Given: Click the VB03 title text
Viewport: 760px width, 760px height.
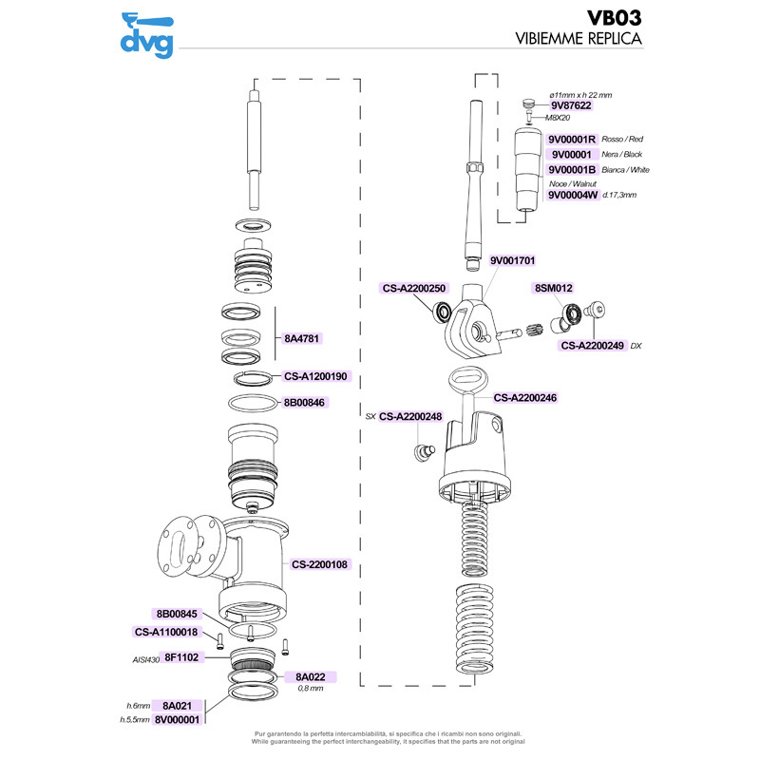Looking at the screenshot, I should coord(614,18).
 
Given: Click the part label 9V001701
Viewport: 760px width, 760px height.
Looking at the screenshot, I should coord(514,260).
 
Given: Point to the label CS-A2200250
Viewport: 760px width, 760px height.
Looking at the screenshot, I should coord(413,287).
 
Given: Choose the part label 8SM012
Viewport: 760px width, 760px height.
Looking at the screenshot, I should coord(552,287).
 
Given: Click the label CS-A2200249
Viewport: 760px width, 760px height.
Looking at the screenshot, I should coord(592,346).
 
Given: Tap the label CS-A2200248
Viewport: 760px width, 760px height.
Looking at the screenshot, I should coord(411,416).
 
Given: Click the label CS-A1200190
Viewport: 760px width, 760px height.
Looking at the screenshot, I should coord(316,376).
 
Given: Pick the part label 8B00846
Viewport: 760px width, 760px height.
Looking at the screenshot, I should coord(304,403).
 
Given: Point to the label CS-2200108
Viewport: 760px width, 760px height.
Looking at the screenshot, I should coord(320,564).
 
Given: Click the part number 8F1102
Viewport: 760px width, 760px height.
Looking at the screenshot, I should coord(180,656).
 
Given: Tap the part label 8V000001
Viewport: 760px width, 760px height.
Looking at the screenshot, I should coord(177,720).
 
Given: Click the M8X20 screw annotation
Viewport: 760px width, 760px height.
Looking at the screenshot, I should coord(558,119).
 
